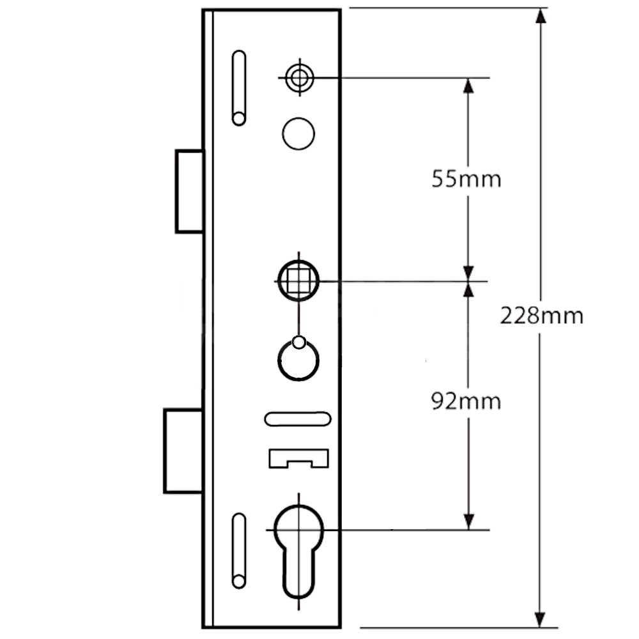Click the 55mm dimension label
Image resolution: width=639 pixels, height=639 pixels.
pos(466,179)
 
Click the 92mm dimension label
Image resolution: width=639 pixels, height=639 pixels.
pos(466,401)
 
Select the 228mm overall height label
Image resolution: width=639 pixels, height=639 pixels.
pos(541,316)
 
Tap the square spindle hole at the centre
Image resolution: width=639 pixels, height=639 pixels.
pos(298,281)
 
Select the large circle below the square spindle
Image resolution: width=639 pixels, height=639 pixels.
pos(298,362)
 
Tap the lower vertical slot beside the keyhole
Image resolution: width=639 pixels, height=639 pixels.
pos(238,550)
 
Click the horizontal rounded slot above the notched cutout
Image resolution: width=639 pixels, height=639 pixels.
pos(297,419)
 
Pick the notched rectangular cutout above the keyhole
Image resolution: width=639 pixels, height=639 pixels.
pos(298,459)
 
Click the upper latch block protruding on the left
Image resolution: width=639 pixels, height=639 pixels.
pos(190,191)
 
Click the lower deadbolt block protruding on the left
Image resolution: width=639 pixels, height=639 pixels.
pos(183,451)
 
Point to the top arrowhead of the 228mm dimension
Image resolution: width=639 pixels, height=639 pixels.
pos(541,15)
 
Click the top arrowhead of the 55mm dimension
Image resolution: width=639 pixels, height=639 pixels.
pos(468,85)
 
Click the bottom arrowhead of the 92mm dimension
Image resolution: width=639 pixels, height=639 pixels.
pos(468,522)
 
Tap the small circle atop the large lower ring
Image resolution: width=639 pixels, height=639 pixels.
pos(298,342)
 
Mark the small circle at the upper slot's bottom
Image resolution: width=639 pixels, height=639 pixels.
pos(238,118)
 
